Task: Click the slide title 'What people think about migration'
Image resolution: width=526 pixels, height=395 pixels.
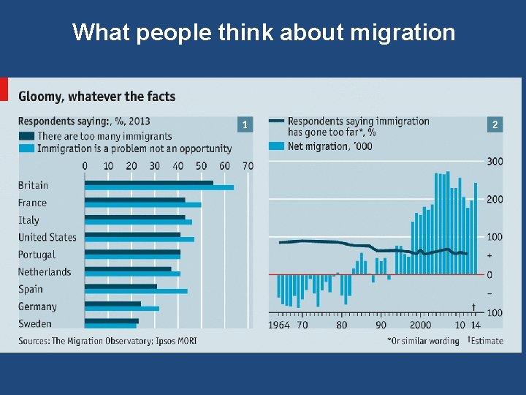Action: point(263,32)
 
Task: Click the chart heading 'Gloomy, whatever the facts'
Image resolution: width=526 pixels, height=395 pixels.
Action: point(96,97)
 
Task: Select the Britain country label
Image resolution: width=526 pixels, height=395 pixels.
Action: point(33,185)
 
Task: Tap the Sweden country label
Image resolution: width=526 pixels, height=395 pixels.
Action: point(35,323)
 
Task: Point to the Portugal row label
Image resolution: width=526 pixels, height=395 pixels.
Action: point(37,255)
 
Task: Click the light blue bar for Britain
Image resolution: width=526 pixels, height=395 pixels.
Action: point(159,188)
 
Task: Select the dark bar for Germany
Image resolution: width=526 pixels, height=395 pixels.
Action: point(113,304)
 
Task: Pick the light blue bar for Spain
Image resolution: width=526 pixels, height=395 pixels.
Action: point(136,291)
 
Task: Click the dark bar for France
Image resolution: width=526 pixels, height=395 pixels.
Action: point(134,200)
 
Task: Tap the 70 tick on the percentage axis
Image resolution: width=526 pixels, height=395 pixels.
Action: point(248,166)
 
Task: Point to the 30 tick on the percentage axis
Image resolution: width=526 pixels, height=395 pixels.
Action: point(154,166)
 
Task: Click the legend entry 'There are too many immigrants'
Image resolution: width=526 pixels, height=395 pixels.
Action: point(104,136)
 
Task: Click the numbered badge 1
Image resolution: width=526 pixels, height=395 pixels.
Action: point(245,125)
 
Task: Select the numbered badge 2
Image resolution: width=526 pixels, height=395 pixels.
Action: point(495,125)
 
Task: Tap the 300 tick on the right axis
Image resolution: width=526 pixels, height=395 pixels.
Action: point(495,161)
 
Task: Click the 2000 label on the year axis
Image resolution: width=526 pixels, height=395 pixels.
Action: point(420,325)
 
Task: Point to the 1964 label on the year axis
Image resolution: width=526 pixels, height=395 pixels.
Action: point(279,325)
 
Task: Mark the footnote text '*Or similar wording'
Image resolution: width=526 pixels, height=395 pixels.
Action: point(423,341)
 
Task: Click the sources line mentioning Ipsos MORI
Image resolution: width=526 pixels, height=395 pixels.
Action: point(107,341)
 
